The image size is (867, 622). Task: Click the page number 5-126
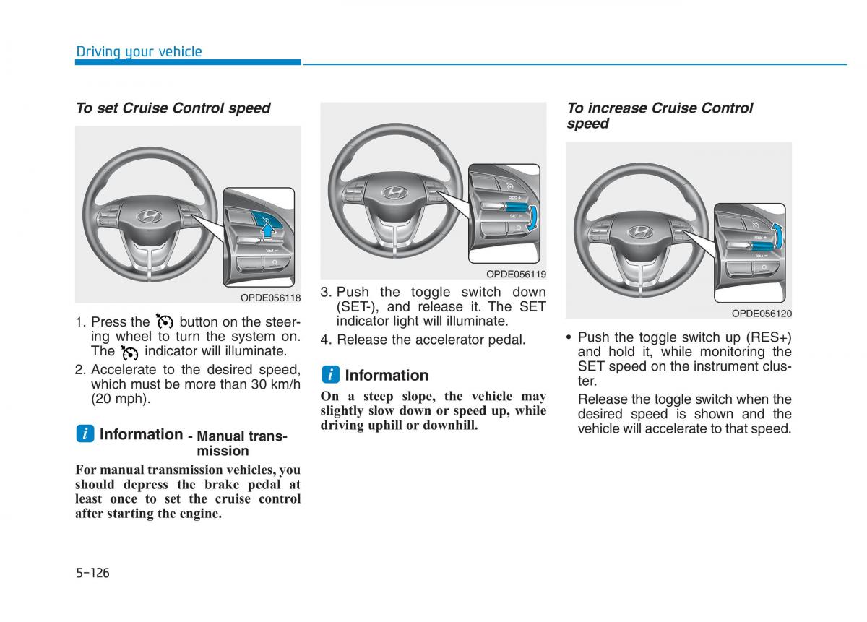click(x=92, y=573)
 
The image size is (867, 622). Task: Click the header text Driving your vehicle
click(x=139, y=51)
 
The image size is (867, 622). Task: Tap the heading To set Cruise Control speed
click(x=173, y=108)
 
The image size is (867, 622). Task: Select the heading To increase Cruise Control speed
click(x=659, y=116)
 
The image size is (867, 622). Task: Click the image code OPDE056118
click(x=270, y=298)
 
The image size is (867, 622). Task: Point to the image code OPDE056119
click(x=516, y=275)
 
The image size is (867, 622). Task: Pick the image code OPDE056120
click(x=762, y=314)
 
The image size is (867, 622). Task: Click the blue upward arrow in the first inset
click(x=268, y=229)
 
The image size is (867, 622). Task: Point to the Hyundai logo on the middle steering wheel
click(x=394, y=191)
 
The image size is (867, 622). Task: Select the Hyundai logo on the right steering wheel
click(x=639, y=231)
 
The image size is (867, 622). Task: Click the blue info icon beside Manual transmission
click(x=85, y=434)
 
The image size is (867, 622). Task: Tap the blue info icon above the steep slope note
click(x=330, y=375)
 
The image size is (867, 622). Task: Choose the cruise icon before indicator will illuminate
click(x=129, y=352)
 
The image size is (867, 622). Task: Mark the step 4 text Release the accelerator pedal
click(x=431, y=340)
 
